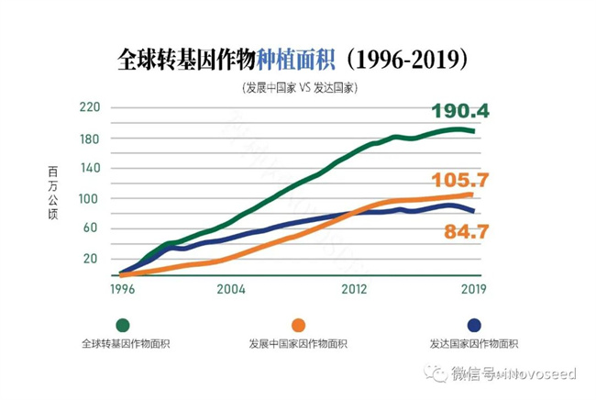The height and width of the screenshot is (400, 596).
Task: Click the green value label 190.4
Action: (460, 112)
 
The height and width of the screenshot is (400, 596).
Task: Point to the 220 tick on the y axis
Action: (88, 107)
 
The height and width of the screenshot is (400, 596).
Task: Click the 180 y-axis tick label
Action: (88, 138)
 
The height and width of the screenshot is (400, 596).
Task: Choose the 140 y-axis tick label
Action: (88, 168)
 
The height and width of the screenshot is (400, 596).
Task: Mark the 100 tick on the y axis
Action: (88, 198)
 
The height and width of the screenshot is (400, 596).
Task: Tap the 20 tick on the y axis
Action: (91, 259)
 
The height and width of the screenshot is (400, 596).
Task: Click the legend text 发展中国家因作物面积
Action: (297, 345)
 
